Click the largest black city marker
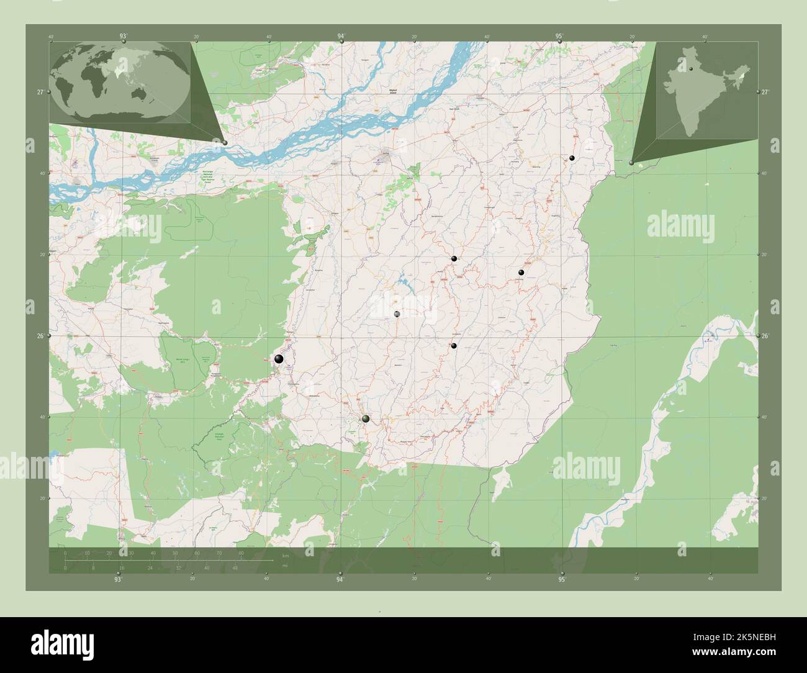point(279,359)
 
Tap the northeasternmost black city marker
point(572,159)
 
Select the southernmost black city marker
point(366,419)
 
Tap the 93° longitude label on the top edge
point(124,37)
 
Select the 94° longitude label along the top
point(341,37)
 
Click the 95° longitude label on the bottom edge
point(562,580)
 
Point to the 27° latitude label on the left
point(40,92)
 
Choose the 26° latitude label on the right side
point(765,336)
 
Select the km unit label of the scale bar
point(285,556)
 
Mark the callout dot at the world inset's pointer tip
point(225,143)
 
